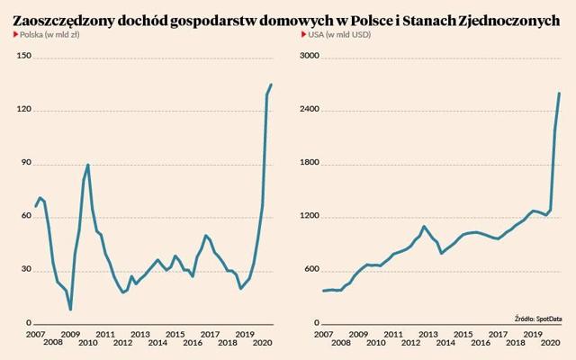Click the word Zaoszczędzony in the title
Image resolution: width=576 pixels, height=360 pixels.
(63, 22)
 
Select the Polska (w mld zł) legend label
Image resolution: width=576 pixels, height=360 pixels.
(49, 35)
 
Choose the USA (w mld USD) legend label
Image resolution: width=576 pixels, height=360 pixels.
(339, 35)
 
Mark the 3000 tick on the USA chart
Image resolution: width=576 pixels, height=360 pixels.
(310, 56)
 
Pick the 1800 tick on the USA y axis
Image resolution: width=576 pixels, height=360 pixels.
(310, 163)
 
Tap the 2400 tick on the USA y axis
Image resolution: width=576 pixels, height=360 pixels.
(310, 110)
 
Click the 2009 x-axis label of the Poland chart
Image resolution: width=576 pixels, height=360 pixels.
(70, 335)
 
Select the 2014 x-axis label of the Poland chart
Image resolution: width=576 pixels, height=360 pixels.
(157, 343)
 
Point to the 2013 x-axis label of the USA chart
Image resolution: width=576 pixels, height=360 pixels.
(428, 335)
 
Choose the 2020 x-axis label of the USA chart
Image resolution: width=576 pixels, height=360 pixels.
(550, 343)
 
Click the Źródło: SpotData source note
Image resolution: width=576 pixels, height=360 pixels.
(538, 319)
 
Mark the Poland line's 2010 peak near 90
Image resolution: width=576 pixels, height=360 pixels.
(88, 165)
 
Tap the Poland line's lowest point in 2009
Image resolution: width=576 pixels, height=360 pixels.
(70, 310)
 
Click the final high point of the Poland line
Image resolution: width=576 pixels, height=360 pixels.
(271, 85)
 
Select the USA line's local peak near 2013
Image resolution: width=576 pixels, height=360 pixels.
(424, 227)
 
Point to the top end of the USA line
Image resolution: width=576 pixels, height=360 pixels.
(559, 94)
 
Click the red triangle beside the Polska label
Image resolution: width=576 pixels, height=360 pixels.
(16, 34)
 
